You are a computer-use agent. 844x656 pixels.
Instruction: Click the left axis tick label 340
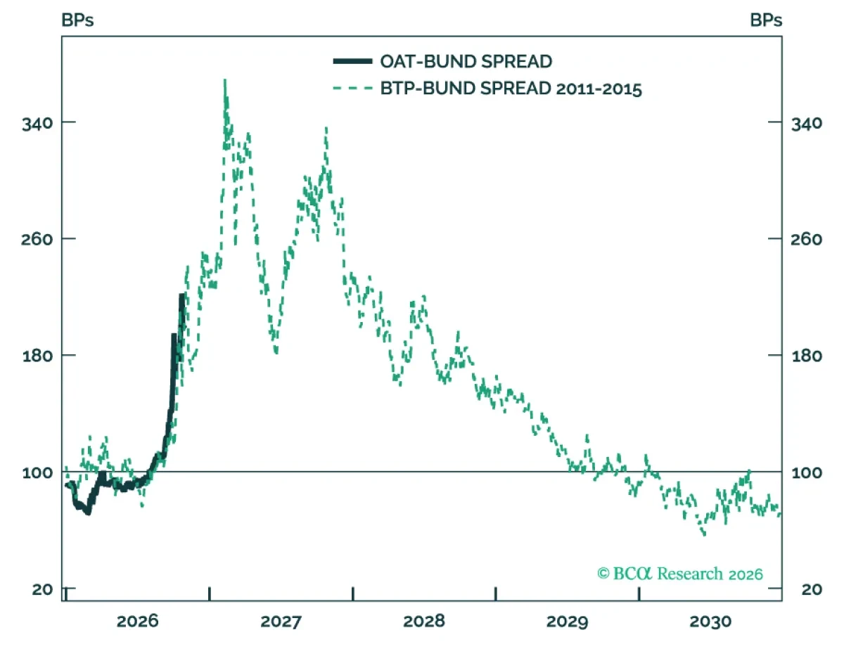click(37, 124)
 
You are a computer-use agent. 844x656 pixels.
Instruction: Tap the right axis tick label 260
click(806, 239)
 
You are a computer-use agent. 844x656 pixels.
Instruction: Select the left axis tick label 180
click(37, 356)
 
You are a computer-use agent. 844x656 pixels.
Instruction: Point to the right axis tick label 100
click(807, 472)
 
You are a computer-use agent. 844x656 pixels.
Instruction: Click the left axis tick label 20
click(42, 589)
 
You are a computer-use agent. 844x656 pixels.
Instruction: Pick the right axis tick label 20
click(812, 589)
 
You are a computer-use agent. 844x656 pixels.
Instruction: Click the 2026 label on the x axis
click(137, 621)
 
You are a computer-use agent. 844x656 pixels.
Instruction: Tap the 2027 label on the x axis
click(281, 621)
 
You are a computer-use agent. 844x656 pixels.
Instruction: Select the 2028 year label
click(423, 621)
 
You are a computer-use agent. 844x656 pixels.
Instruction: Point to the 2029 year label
click(567, 621)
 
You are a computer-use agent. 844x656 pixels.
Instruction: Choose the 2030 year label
click(710, 621)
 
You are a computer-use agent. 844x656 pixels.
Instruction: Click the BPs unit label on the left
click(77, 20)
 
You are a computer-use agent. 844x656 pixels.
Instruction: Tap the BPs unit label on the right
click(766, 20)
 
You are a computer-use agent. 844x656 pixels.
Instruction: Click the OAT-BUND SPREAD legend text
click(466, 61)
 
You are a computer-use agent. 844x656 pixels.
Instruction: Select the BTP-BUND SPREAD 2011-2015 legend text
click(511, 89)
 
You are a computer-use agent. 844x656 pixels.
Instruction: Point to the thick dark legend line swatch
click(352, 61)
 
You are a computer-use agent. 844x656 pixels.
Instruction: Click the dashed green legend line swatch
click(352, 89)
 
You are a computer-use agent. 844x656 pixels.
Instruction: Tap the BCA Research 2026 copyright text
click(679, 574)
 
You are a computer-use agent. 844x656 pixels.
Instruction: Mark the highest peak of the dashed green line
click(225, 79)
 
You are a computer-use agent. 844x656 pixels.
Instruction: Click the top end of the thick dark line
click(181, 295)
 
